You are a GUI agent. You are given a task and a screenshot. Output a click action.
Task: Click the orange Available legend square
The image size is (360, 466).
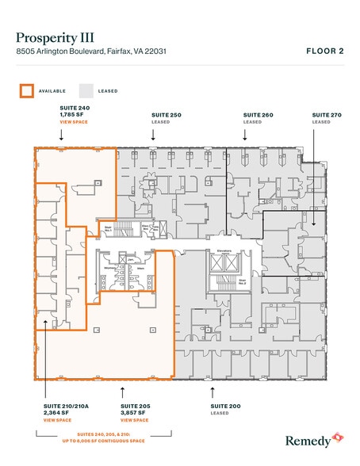pyautogui.click(x=26, y=90)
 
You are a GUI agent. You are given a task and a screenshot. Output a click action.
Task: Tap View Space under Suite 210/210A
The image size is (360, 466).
pyautogui.click(x=57, y=419)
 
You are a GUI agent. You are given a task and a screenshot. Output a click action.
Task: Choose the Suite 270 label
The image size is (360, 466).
pyautogui.click(x=326, y=116)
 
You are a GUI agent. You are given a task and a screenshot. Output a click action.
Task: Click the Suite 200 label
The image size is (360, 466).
pyautogui.click(x=224, y=405)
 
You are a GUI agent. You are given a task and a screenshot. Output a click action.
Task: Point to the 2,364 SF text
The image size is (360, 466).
pyautogui.click(x=56, y=412)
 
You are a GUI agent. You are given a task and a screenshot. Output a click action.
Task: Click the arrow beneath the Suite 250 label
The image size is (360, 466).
pyautogui.click(x=152, y=134)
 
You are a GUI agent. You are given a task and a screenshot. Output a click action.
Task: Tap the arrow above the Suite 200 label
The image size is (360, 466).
pyautogui.click(x=212, y=390)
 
